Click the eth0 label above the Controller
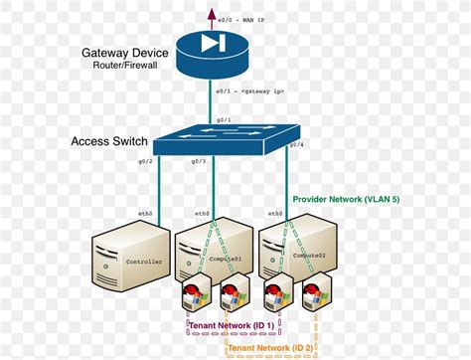[145, 213]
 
